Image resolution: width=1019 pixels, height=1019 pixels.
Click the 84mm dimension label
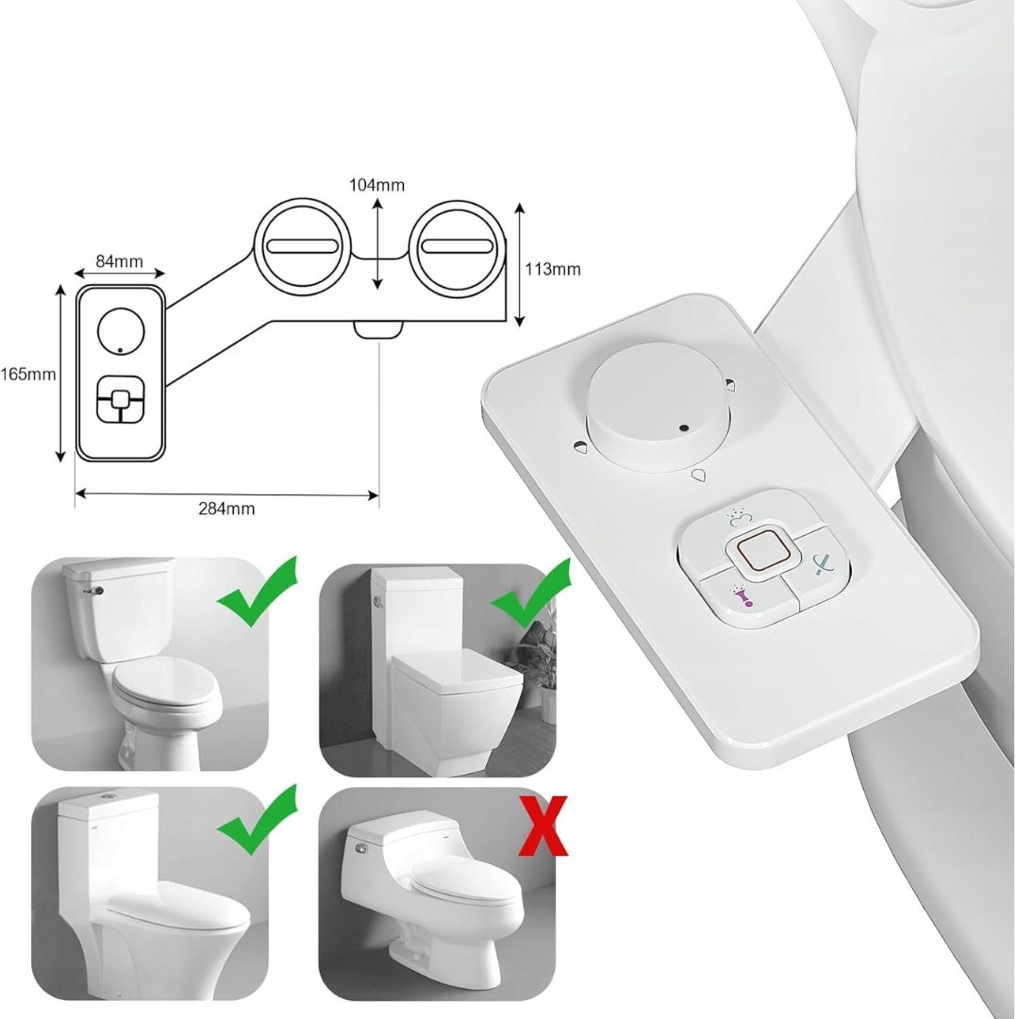point(120,261)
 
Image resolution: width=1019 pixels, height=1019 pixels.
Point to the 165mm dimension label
point(28,375)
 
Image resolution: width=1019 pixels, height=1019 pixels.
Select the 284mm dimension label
point(226,509)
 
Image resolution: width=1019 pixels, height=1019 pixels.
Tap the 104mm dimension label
point(376,185)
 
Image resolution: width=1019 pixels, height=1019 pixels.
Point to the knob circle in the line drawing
point(120,331)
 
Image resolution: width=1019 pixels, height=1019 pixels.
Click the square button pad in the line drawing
point(120,398)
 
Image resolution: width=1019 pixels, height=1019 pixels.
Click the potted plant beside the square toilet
point(539,660)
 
